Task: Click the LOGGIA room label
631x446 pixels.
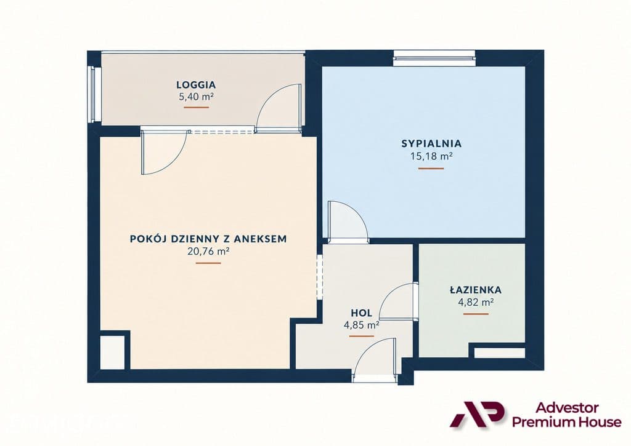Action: (x=196, y=85)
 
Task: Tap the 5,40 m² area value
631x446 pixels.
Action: (x=196, y=97)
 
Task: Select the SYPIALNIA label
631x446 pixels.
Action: (x=431, y=143)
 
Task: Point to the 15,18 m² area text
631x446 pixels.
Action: (x=431, y=156)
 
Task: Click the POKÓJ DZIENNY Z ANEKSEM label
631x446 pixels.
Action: (x=208, y=239)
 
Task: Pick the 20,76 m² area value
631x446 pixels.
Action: (x=208, y=252)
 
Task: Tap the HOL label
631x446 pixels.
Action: (x=361, y=313)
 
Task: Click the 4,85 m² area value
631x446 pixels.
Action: (x=361, y=325)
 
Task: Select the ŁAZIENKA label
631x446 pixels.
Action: (x=475, y=290)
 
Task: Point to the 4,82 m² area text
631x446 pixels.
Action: (x=476, y=302)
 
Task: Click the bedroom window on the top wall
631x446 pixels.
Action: (x=434, y=58)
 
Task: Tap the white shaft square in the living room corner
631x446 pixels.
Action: (x=112, y=352)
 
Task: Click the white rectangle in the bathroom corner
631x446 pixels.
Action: (x=499, y=352)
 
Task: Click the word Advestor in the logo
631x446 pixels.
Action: (x=567, y=408)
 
